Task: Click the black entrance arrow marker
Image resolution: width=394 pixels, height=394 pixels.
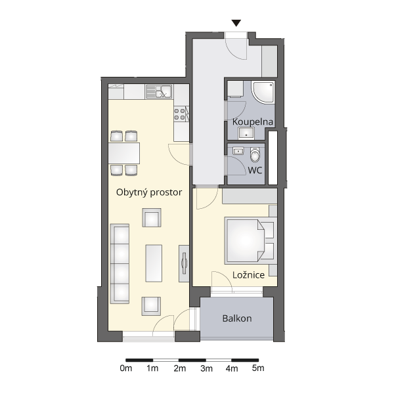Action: [236, 23]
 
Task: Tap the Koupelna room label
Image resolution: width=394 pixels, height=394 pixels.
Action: [253, 122]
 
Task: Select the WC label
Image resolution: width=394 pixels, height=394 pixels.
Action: [255, 170]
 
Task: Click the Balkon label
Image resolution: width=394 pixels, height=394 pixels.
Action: [237, 318]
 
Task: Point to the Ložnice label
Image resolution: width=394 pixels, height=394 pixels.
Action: [248, 275]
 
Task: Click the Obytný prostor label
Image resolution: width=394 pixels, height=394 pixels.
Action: [149, 192]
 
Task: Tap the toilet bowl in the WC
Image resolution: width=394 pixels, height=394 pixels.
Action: [255, 155]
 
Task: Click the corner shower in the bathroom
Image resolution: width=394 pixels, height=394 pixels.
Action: [263, 92]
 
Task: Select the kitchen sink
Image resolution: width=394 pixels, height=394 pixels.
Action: [159, 91]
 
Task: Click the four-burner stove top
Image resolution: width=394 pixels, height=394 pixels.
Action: [180, 114]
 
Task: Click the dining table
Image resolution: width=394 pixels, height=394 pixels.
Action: [124, 153]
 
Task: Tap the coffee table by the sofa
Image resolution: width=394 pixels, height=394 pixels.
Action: [154, 263]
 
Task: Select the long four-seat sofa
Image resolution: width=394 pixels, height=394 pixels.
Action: [120, 263]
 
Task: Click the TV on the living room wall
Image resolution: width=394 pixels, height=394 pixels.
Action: [185, 263]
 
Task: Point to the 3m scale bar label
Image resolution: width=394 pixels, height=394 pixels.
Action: [207, 368]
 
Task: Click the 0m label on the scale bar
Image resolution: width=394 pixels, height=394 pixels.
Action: [126, 368]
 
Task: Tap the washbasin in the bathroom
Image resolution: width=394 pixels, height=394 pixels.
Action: [246, 133]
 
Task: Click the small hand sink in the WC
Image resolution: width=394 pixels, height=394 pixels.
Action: [238, 151]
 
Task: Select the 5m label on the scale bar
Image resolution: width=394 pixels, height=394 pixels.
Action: [258, 368]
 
